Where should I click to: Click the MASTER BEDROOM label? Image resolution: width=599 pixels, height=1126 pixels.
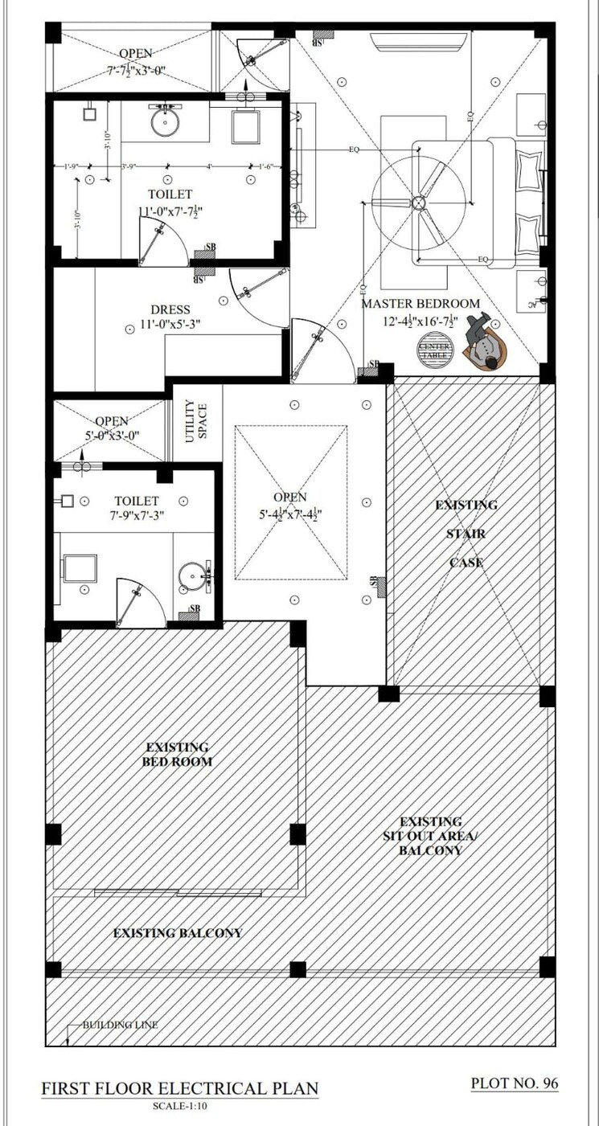point(421,304)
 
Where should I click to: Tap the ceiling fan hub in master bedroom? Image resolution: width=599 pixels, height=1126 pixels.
point(418,203)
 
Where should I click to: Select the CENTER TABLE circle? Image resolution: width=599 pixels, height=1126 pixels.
point(435,350)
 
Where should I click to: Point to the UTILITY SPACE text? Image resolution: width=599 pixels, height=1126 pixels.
point(197,419)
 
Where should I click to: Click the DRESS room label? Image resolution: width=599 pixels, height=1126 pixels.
point(170,309)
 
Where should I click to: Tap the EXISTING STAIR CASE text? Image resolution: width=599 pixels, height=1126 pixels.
point(466,534)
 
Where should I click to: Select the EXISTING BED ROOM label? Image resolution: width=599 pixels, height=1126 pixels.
point(178,754)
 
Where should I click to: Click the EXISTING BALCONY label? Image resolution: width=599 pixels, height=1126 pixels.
point(177,933)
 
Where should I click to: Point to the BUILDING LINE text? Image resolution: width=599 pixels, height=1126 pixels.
point(120,1025)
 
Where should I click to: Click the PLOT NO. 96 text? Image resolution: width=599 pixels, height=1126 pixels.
point(514,1083)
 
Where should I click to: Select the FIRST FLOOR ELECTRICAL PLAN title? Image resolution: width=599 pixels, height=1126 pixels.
point(180,1089)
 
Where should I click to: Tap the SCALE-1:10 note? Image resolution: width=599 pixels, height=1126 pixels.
point(180,1108)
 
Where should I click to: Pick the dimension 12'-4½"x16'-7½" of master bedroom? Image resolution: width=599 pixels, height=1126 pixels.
point(421,320)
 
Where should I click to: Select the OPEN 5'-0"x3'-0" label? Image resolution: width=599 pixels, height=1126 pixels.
point(112,428)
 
